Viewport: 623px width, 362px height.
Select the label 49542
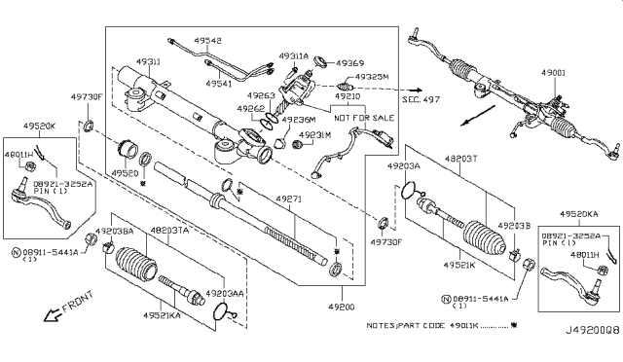205,41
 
